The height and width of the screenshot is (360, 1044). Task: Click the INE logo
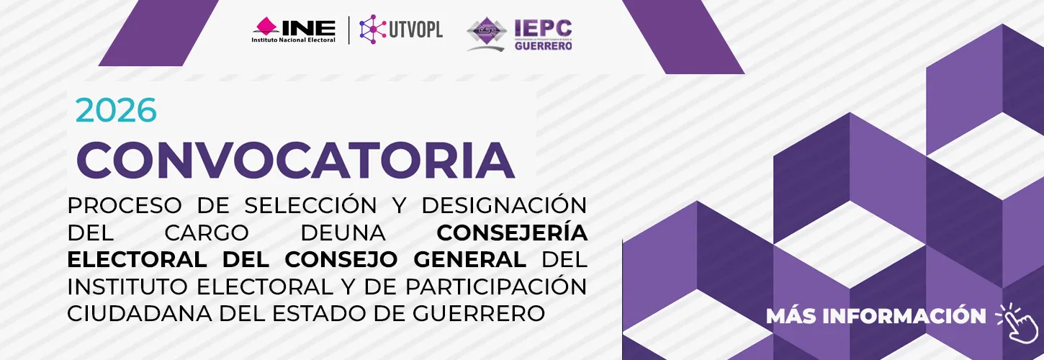click(x=294, y=30)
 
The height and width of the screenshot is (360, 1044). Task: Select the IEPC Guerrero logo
click(x=520, y=35)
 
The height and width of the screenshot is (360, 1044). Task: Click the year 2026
click(x=116, y=110)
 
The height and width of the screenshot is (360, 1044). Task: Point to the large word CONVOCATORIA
click(x=295, y=160)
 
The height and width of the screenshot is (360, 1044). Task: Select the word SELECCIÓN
click(x=310, y=205)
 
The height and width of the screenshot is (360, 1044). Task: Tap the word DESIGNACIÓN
click(x=504, y=205)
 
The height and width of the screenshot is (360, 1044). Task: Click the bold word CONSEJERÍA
click(x=512, y=233)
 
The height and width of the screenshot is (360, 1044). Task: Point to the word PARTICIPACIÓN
click(x=496, y=287)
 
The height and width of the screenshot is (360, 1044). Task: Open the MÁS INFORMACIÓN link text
click(x=876, y=316)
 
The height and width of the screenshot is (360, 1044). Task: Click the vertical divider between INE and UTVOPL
click(x=348, y=30)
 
